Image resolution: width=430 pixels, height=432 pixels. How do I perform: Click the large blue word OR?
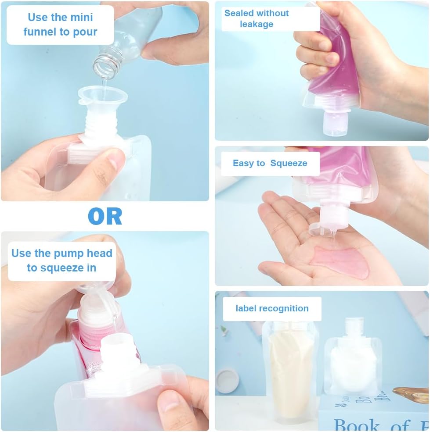(105, 216)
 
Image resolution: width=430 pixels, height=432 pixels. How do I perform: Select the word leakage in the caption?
(257, 24)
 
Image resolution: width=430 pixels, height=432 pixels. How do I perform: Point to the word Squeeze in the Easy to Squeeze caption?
(289, 164)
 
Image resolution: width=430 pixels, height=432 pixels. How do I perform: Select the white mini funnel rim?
(103, 95)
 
